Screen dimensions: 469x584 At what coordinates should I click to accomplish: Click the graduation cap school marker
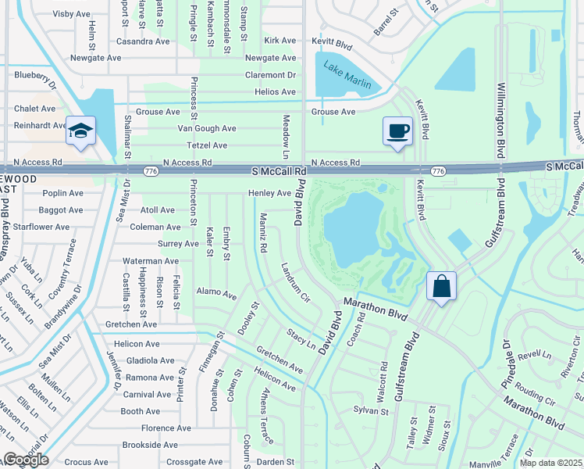80,131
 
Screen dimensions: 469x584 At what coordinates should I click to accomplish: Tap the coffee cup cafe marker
397,131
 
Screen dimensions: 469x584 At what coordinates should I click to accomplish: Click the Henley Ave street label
269,193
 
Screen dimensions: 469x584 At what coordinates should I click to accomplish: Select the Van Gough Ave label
207,128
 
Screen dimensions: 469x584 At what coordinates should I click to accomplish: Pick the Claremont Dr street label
270,75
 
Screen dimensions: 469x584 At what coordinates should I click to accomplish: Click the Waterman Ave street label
150,261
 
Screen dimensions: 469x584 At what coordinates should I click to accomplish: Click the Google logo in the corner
26,460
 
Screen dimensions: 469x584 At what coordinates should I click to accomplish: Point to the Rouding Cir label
535,395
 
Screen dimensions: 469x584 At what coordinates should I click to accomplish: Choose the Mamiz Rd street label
263,232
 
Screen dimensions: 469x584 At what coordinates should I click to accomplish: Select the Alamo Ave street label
216,295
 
